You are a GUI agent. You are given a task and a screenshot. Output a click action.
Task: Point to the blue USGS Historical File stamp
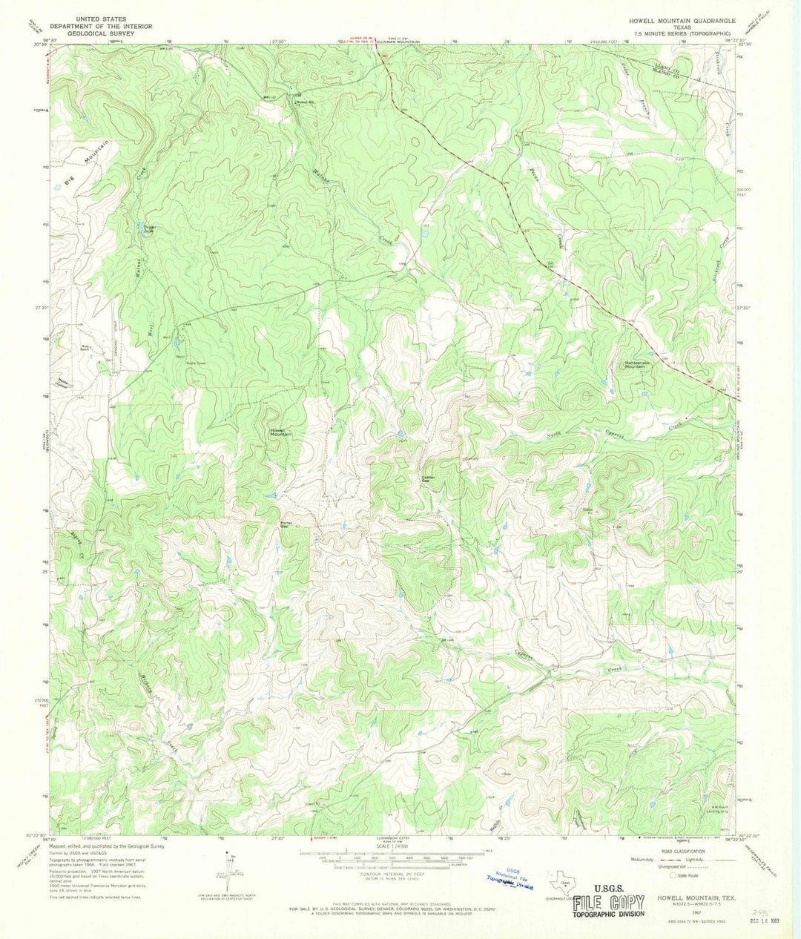[511, 879]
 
